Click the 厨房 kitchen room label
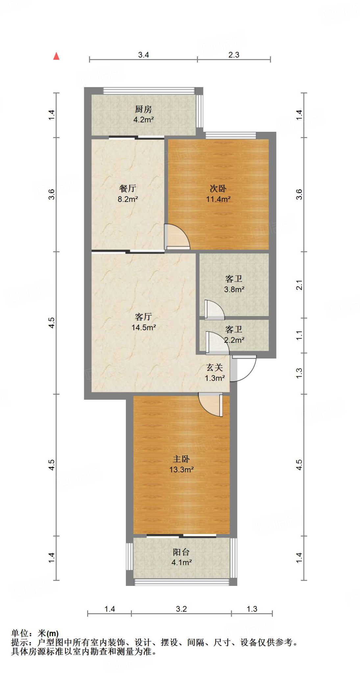[143, 109]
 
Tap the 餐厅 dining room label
[128, 188]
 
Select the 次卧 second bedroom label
[218, 189]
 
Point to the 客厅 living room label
[143, 317]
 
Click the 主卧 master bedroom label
[181, 459]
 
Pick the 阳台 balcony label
[181, 552]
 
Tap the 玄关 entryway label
[215, 368]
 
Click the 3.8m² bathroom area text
[234, 290]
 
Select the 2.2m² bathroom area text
[234, 340]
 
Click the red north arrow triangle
[57, 56]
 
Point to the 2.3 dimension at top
[234, 55]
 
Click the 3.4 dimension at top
[143, 55]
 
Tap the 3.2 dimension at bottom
[181, 609]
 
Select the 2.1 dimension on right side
[299, 285]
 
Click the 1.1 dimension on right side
[299, 336]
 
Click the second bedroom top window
[231, 135]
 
